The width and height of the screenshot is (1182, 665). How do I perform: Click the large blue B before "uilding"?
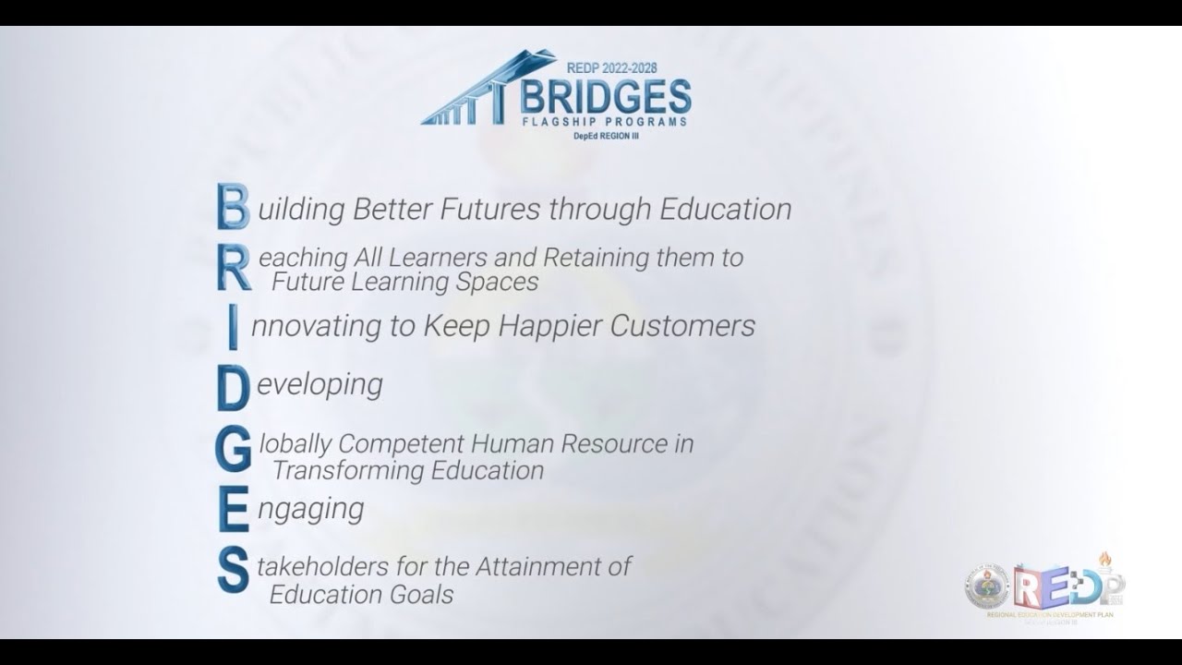(x=233, y=207)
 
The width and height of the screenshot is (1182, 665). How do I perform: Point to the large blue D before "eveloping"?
(x=233, y=387)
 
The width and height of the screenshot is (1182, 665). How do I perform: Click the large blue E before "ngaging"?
(x=233, y=511)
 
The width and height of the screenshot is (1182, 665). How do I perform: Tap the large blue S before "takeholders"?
(x=233, y=572)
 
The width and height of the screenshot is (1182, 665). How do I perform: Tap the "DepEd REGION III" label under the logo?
(x=605, y=137)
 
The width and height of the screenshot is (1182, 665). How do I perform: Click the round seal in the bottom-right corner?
(x=986, y=587)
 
